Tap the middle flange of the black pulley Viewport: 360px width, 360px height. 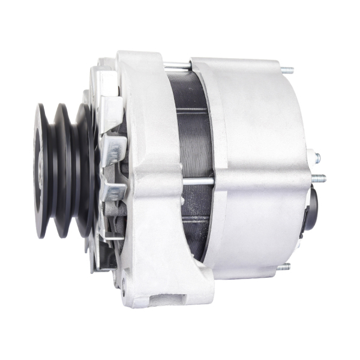click(x=61, y=170)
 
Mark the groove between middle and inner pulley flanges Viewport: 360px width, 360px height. click(x=73, y=171)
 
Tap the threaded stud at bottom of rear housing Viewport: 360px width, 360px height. click(x=284, y=266)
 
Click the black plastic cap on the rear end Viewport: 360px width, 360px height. click(x=314, y=207)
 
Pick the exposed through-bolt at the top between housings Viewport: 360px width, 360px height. click(x=177, y=64)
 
